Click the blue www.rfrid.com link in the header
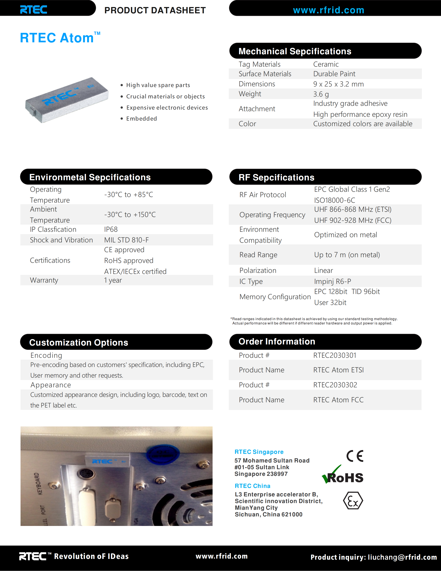coord(328,10)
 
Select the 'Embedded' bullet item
coord(141,119)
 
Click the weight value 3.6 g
coord(321,94)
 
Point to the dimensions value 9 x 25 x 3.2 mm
coord(338,84)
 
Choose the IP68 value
coord(111,229)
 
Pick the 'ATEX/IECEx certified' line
coord(135,271)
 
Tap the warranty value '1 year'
coord(113,280)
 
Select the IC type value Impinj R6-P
coord(332,281)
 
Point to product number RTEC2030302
coord(335,385)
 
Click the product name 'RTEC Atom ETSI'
coord(338,370)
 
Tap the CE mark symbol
coord(355,456)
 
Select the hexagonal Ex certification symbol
coord(353,500)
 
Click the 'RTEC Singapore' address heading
coord(259,452)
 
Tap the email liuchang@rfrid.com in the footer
coord(402,557)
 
